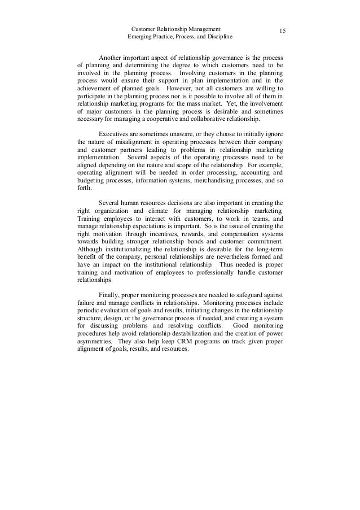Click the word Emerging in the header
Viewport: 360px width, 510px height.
pyautogui.click(x=141, y=37)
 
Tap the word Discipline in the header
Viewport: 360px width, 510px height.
pyautogui.click(x=218, y=37)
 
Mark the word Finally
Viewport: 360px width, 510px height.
pyautogui.click(x=110, y=294)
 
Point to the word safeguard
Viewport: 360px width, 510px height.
pyautogui.click(x=247, y=294)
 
